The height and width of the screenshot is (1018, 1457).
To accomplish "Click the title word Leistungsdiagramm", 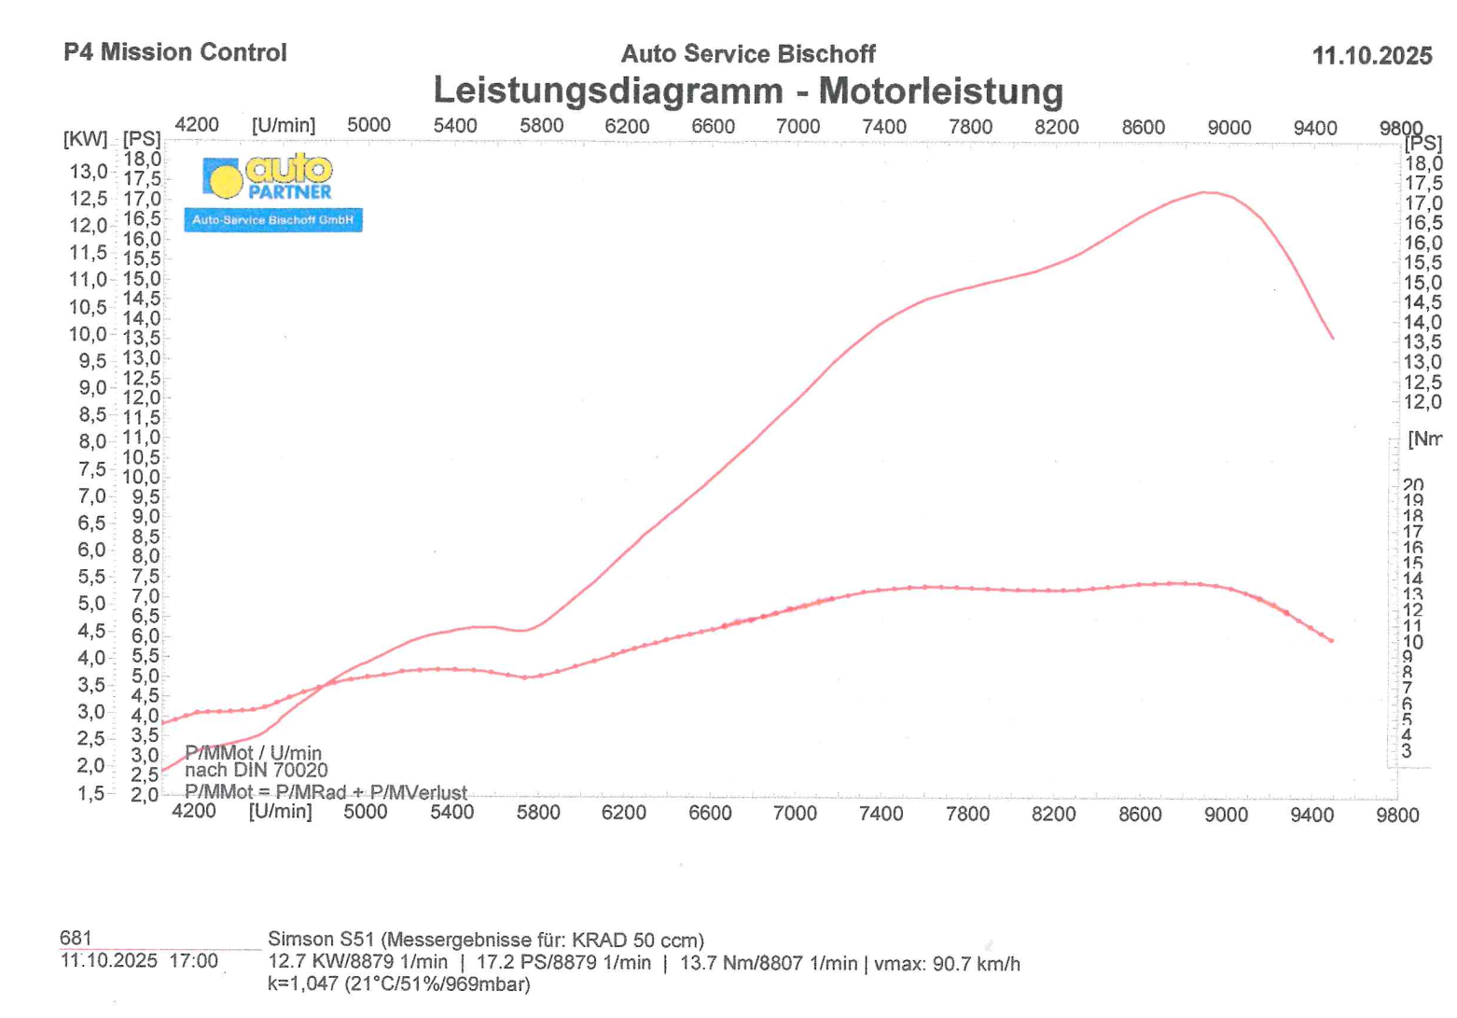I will tap(607, 91).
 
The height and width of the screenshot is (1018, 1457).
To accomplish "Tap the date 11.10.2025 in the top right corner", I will tap(1371, 56).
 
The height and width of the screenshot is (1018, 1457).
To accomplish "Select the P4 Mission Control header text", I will tap(175, 52).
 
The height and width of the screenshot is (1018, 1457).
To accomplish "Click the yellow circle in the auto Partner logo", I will tap(225, 178).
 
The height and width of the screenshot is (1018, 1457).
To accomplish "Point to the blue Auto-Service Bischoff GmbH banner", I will tap(272, 220).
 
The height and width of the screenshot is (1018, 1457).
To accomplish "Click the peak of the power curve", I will tap(1206, 192).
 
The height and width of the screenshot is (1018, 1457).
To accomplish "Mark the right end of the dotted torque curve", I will tap(1331, 641).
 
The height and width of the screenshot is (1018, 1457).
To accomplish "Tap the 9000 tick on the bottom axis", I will tap(1226, 815).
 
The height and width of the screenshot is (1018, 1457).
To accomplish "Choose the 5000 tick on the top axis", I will tap(368, 125).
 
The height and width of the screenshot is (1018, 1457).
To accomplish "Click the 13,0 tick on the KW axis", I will tap(88, 172).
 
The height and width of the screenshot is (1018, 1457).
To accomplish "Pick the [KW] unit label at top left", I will tap(85, 139).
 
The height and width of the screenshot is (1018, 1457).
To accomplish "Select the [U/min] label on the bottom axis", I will tap(280, 811).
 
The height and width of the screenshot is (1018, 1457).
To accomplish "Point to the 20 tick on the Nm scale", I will tap(1413, 485).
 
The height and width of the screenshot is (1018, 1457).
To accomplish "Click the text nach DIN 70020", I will tap(257, 771).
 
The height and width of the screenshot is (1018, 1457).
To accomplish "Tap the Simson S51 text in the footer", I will tap(320, 940).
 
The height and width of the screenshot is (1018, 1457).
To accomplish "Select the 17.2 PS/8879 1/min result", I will tap(563, 963).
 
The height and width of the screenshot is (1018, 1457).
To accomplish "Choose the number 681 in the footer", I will tap(76, 938).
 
